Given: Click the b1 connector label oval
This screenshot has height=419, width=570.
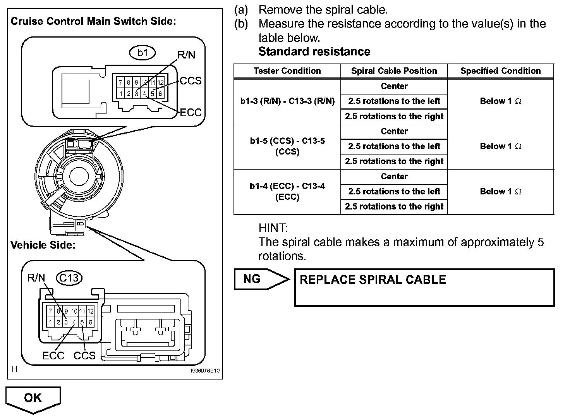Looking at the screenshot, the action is click(x=142, y=53).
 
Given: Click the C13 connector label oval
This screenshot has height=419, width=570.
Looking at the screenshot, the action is click(x=69, y=278).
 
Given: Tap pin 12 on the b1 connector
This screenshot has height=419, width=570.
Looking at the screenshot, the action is click(x=160, y=82).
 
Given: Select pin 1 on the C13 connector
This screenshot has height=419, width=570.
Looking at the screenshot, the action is click(x=50, y=322).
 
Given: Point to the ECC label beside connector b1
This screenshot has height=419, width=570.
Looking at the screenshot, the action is click(x=191, y=112).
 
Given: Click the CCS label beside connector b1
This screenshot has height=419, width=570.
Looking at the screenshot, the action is click(x=191, y=81).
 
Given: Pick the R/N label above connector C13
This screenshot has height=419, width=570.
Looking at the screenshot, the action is click(x=36, y=278).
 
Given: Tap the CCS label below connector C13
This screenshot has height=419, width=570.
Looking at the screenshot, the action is click(x=84, y=355).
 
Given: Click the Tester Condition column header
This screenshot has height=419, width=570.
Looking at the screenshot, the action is click(x=287, y=71).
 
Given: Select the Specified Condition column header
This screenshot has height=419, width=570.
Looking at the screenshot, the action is click(x=501, y=71).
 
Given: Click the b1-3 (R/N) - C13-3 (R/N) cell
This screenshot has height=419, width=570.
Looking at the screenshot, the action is click(x=287, y=101).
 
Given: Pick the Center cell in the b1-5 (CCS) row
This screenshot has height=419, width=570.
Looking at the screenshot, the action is click(x=394, y=131).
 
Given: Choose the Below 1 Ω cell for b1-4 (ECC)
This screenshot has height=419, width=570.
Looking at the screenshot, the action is click(x=501, y=191).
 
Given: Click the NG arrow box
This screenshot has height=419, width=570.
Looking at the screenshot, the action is click(x=262, y=279).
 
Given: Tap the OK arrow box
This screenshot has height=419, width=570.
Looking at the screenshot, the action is click(x=33, y=400).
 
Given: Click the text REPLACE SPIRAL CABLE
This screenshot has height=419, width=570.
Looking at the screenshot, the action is click(x=373, y=280).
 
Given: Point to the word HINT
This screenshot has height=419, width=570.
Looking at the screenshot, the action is click(x=273, y=228).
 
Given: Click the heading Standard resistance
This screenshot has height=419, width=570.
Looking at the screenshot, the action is click(x=314, y=52).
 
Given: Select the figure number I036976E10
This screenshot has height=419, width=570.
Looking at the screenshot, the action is click(x=205, y=371).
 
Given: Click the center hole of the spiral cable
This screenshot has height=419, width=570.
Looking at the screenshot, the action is click(x=79, y=177).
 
